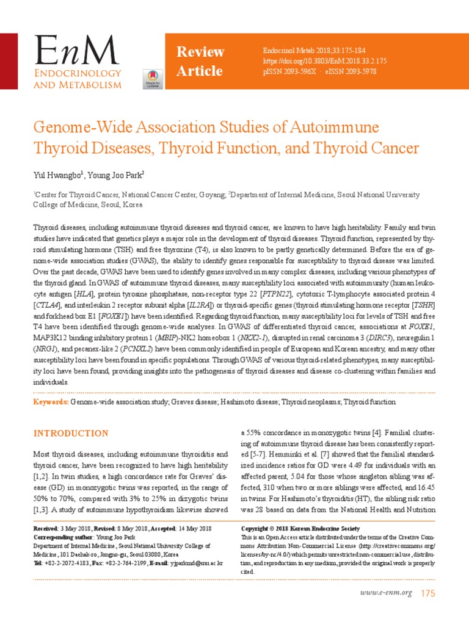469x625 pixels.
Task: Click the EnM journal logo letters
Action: click(x=76, y=51)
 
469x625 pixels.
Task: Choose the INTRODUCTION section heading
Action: click(x=71, y=433)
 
